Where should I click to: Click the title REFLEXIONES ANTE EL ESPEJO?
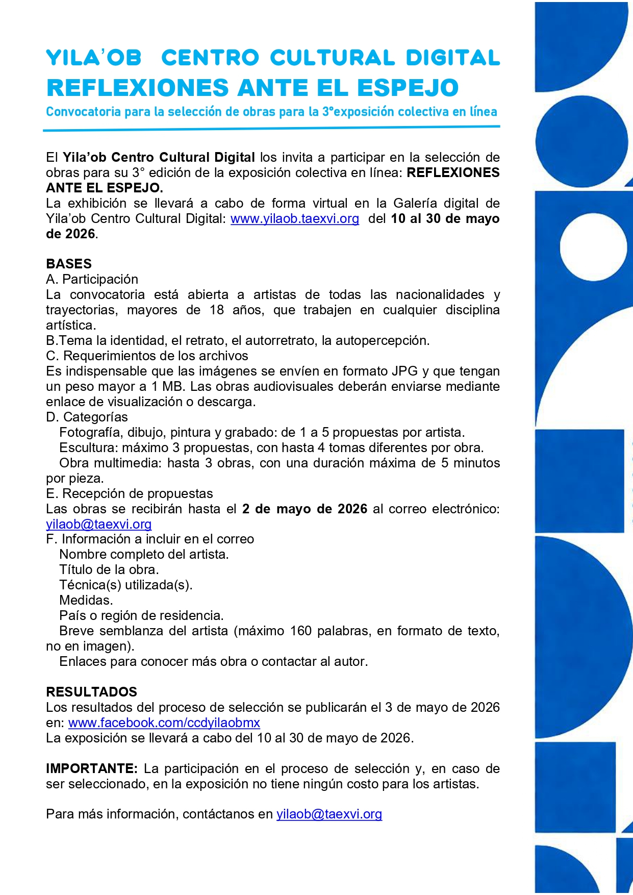(252, 88)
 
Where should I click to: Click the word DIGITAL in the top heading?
(452, 58)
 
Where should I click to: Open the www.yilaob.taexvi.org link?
(295, 219)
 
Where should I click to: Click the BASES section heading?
(69, 264)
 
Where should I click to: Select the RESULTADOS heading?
(91, 692)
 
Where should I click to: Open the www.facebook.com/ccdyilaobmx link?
(164, 723)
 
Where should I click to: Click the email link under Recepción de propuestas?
(98, 524)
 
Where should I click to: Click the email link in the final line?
(329, 814)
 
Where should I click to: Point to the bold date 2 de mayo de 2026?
(305, 509)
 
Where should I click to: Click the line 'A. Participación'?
(92, 279)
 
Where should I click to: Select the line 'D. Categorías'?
(87, 417)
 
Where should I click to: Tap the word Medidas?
(86, 600)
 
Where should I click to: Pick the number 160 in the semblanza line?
(300, 631)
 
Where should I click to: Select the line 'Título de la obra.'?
(109, 569)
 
